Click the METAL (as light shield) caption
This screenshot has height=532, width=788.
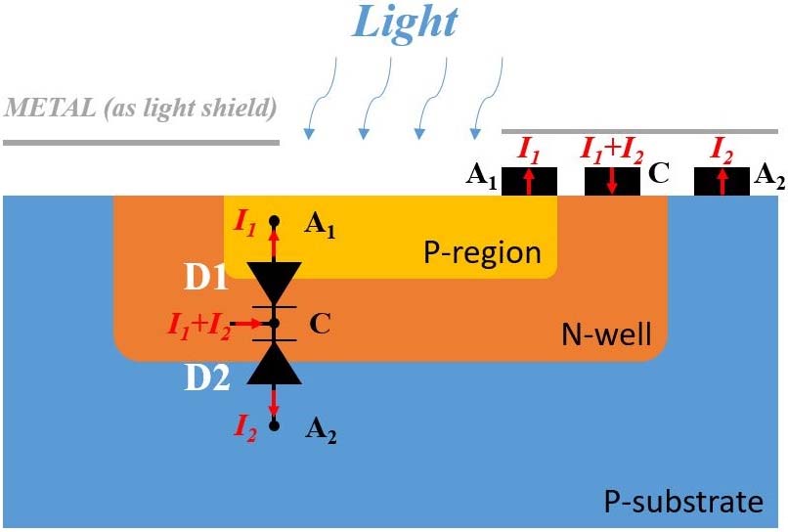click(x=141, y=107)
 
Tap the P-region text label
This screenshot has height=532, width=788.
click(x=482, y=253)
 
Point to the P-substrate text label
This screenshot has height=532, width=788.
click(x=681, y=503)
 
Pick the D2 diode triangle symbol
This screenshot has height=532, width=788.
click(x=274, y=364)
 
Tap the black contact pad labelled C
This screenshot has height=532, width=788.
click(x=612, y=181)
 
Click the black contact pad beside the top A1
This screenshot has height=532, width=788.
click(x=529, y=181)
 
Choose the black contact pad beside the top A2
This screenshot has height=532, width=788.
click(x=722, y=181)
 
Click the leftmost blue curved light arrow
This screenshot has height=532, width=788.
click(x=323, y=98)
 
